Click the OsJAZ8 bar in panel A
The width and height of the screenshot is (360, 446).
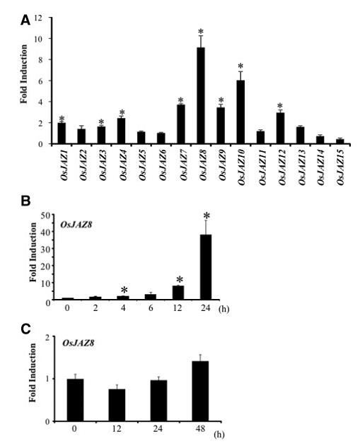(201, 95)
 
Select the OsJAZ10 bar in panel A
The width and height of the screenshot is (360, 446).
(240, 112)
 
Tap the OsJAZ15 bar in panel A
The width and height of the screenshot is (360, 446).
(339, 141)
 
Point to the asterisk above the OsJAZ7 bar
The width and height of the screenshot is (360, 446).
(181, 100)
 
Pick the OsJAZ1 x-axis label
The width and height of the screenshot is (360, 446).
(64, 165)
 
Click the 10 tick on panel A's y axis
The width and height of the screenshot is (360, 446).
(38, 39)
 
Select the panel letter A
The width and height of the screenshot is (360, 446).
(25, 20)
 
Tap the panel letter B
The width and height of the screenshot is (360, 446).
(25, 201)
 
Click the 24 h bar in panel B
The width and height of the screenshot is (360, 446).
(206, 267)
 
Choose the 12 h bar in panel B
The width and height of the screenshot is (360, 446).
(178, 293)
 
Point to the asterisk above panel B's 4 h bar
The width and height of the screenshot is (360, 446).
(124, 290)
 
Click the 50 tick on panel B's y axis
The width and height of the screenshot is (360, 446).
(46, 216)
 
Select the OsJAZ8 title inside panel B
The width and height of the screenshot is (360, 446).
(76, 225)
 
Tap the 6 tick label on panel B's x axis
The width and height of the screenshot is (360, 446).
(151, 307)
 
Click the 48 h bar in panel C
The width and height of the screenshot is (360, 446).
(200, 391)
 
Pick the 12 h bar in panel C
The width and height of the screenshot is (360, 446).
(117, 405)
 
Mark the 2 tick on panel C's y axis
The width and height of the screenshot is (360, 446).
(47, 337)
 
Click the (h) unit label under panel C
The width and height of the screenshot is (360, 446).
(219, 435)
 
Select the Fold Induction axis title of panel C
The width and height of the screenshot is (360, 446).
(33, 372)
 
